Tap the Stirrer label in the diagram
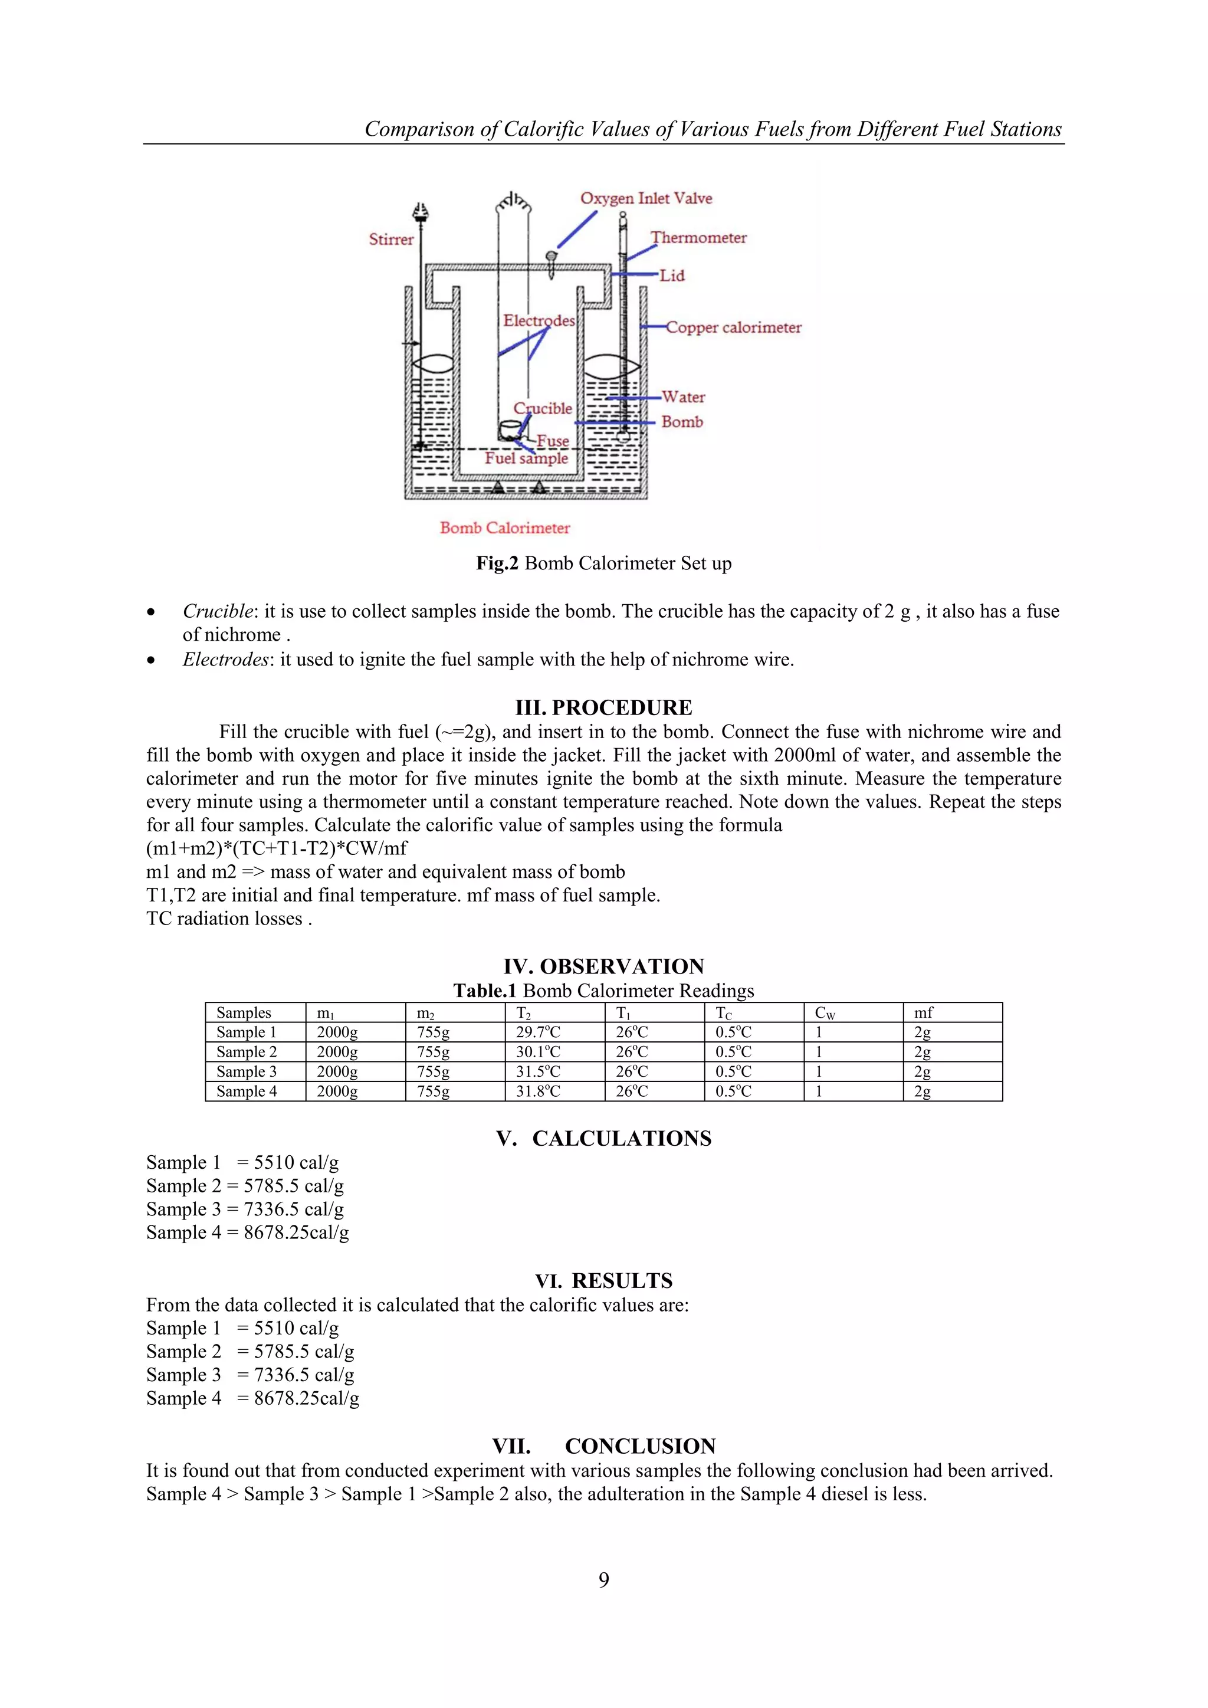click(390, 240)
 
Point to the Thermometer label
click(698, 238)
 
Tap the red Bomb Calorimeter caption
click(504, 528)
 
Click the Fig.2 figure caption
click(603, 563)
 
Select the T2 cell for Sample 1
click(538, 1032)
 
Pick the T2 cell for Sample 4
click(538, 1091)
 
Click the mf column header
click(923, 1012)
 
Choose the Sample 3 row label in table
click(246, 1072)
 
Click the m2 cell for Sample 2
click(433, 1052)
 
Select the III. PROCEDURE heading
click(603, 707)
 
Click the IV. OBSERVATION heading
click(603, 966)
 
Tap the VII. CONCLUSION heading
click(603, 1446)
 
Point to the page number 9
click(603, 1579)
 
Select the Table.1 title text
click(603, 991)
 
